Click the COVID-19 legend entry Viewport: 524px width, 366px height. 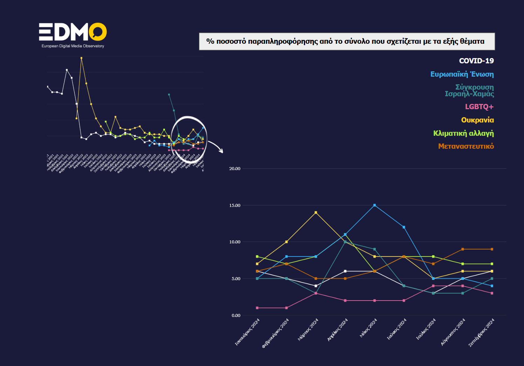pos(476,61)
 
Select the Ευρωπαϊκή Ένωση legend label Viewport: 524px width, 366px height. pos(462,74)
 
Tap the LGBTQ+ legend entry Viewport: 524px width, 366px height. pos(479,107)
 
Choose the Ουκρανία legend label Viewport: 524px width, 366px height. pos(477,120)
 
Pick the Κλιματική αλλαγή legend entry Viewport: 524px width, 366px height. pos(463,133)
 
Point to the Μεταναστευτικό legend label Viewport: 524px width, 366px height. pos(466,146)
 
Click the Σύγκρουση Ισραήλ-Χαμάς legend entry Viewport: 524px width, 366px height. pos(469,90)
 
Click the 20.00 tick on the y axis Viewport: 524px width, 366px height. pos(235,169)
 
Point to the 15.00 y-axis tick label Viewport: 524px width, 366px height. pos(235,205)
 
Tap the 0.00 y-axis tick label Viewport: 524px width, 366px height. pos(236,316)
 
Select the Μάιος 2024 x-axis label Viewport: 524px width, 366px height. pos(368,328)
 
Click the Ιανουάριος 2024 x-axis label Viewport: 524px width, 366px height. pos(247,332)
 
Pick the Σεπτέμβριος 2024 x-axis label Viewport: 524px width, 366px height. pos(482,333)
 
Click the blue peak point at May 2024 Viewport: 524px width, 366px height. pos(374,205)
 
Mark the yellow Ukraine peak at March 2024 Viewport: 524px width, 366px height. pos(316,212)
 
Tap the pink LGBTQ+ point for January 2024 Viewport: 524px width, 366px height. pos(257,308)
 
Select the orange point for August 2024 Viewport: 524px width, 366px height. pos(463,249)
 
